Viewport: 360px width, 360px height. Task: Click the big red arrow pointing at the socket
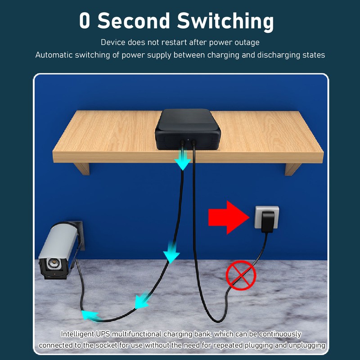point(229,217)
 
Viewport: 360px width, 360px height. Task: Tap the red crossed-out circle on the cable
point(241,275)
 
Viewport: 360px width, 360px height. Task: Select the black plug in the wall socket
point(268,222)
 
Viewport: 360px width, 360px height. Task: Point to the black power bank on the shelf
point(188,129)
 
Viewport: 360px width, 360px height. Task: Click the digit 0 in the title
point(84,21)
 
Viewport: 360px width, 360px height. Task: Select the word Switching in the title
point(225,22)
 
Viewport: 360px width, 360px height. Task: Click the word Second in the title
point(134,20)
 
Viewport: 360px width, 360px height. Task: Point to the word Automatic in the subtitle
point(54,55)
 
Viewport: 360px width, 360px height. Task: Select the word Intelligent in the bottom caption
point(77,334)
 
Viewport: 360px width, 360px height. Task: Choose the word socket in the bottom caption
point(107,345)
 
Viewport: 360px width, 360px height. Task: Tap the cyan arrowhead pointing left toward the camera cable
point(90,316)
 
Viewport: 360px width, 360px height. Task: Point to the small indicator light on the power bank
point(188,139)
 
